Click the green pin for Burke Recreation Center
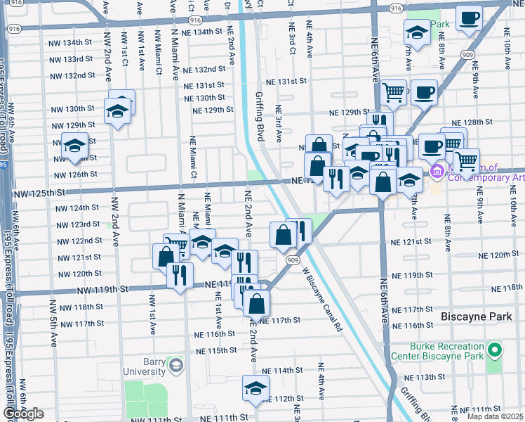495,350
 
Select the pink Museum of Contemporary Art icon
437,171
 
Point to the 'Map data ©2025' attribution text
495,416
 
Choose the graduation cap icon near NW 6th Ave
74,146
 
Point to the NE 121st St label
410,241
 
